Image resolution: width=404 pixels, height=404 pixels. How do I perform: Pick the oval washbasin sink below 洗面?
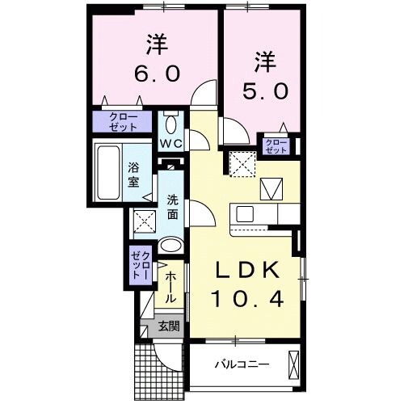[x=171, y=246]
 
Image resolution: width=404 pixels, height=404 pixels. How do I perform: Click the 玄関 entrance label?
[x=169, y=327]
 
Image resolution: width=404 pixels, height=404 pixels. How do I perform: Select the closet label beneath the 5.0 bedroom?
[x=276, y=145]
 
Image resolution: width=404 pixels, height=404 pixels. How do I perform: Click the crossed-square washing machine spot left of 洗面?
[x=145, y=221]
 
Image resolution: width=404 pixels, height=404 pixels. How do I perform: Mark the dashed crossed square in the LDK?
[x=242, y=164]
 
